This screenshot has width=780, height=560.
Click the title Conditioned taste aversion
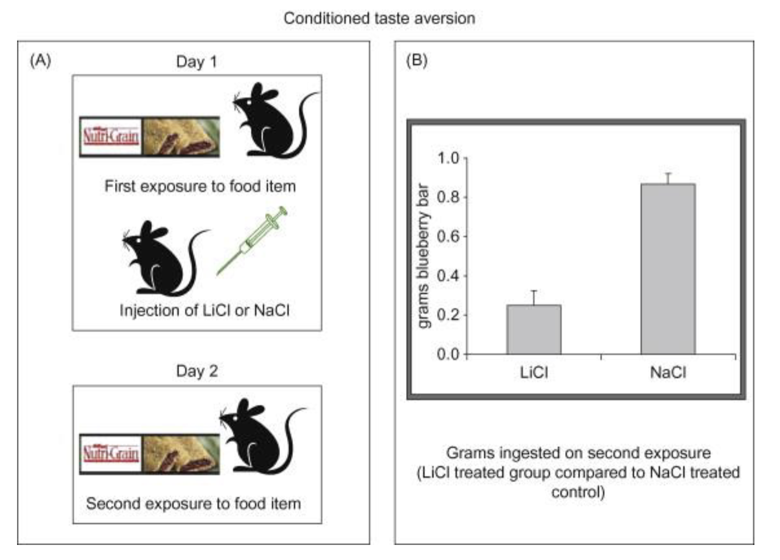pos(379,19)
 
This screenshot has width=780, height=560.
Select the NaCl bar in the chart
pos(668,269)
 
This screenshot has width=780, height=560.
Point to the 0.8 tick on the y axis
pos(448,197)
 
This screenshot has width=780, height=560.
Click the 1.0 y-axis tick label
pos(448,158)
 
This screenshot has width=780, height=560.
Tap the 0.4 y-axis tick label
pos(448,275)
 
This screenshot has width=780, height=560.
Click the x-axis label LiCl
pos(534,372)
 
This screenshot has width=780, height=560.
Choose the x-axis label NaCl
pos(668,372)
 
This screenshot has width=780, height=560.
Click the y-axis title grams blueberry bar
pos(423,256)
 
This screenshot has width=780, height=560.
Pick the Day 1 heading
pos(196,62)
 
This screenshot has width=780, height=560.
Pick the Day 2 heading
pos(196,371)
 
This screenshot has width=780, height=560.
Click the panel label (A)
pos(40,61)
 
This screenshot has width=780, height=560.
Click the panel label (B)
pos(416,61)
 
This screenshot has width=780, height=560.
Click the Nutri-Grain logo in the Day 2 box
pos(111,454)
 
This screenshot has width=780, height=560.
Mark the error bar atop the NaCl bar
pos(668,178)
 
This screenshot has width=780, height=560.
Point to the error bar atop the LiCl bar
pos(534,298)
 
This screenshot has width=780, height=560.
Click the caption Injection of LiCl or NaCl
pos(204,311)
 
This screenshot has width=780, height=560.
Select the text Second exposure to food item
pos(193,503)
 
